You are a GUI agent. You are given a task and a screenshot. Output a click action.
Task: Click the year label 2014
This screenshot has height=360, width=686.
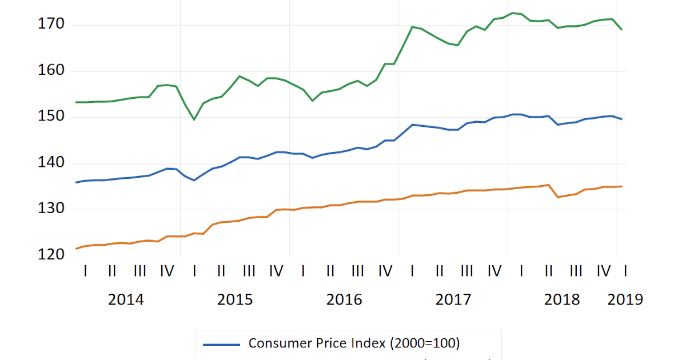coord(126,299)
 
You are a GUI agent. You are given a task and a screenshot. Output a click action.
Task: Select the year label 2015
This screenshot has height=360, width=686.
coord(235,299)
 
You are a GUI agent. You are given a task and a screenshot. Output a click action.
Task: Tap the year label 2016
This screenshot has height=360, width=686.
coord(344,299)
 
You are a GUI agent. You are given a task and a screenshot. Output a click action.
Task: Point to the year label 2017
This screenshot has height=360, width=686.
coord(453,299)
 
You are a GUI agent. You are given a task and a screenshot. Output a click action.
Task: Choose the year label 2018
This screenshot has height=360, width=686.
coord(562,299)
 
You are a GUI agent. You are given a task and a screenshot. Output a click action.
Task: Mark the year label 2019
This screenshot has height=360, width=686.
coord(625,299)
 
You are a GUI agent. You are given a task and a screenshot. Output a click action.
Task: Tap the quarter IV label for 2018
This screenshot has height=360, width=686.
coord(603,271)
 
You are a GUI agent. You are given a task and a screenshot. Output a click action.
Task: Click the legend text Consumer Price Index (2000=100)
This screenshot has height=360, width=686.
coord(354,343)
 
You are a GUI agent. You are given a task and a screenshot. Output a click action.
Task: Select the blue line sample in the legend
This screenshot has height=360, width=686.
coord(222,344)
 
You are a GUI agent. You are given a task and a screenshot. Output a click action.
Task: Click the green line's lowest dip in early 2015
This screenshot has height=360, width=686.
coord(194,119)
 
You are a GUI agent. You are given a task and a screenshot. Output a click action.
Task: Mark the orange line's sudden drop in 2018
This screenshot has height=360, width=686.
coord(557,197)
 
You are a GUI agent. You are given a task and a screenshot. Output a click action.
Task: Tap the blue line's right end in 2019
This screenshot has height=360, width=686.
coord(621,119)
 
